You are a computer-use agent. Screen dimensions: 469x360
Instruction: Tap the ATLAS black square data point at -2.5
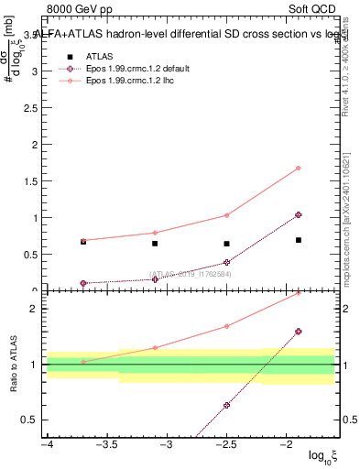tap(226, 244)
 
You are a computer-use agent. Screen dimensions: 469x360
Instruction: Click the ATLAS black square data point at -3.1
tap(155, 243)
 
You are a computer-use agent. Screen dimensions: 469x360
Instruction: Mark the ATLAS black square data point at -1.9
tap(299, 240)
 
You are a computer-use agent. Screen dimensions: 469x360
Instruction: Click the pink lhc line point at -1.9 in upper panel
tap(299, 168)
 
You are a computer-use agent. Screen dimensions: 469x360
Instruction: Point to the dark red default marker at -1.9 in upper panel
tap(299, 214)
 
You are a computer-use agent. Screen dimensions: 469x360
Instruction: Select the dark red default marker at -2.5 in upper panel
tap(226, 262)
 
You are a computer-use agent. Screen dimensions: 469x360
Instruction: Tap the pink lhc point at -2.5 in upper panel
tap(226, 215)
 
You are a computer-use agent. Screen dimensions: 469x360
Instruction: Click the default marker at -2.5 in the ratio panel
tap(226, 405)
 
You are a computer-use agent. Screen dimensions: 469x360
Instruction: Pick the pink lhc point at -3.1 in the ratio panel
tap(155, 347)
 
